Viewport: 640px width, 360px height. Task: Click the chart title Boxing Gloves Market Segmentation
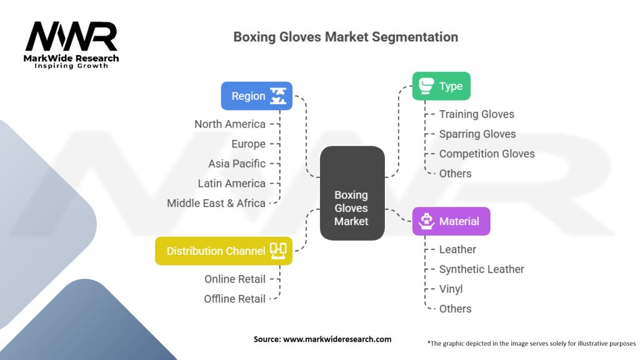346,37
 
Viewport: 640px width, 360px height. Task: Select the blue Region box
256,96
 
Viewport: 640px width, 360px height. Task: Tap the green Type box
441,86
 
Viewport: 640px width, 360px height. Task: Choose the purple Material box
451,221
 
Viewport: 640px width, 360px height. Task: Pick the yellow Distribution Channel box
223,251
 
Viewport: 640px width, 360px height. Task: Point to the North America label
229,124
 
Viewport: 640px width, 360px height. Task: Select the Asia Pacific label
237,164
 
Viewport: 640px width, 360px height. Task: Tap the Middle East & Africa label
216,203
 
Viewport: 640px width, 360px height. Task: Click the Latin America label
231,183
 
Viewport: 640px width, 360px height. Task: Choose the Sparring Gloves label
477,134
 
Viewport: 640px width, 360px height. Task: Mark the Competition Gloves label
486,154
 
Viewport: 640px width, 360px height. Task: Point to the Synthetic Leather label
481,269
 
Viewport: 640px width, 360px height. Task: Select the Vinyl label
451,289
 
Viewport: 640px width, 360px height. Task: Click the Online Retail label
235,279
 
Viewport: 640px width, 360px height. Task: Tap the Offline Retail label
234,299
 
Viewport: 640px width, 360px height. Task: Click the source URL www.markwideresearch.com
337,339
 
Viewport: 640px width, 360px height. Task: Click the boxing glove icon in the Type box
426,86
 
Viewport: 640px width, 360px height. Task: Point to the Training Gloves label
476,114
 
